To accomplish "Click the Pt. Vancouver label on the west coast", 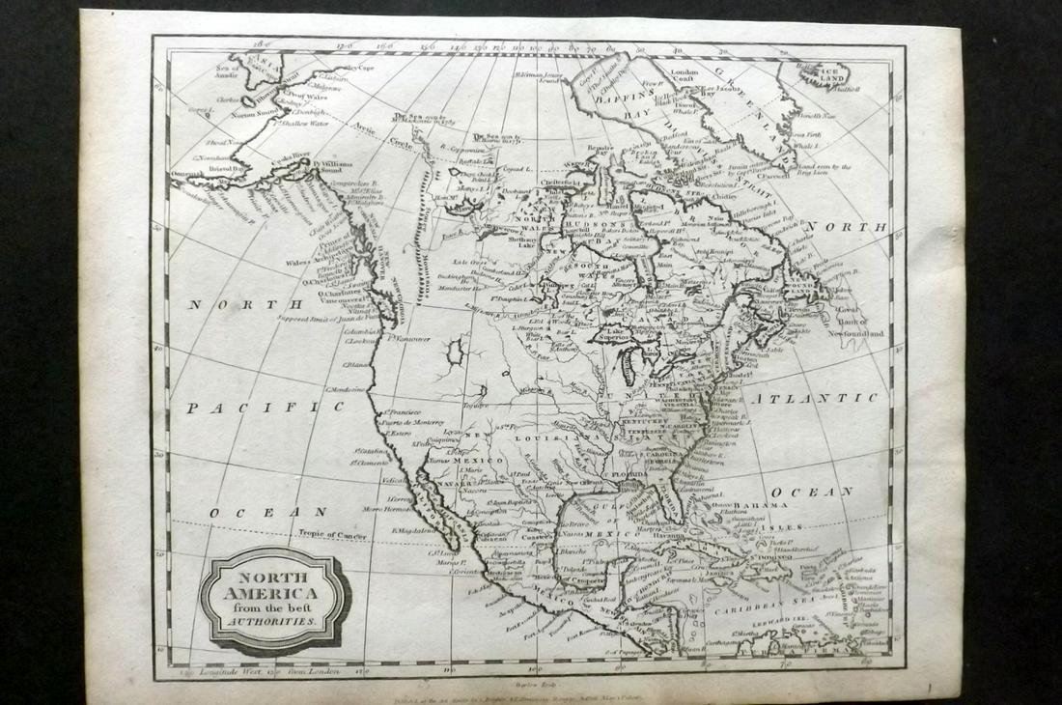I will tap(411, 338).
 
